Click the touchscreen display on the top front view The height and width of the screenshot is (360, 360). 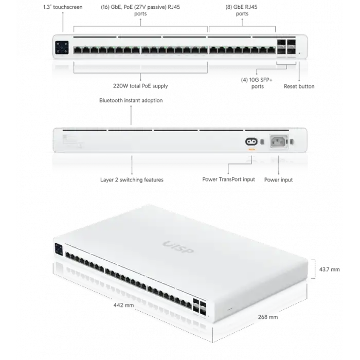click(x=62, y=46)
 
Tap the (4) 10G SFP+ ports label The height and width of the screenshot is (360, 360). click(x=256, y=82)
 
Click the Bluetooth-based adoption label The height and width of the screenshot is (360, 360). click(x=132, y=101)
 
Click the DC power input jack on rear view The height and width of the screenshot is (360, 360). click(x=251, y=141)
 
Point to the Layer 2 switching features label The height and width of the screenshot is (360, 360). click(x=132, y=181)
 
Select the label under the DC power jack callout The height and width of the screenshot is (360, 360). click(x=228, y=181)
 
